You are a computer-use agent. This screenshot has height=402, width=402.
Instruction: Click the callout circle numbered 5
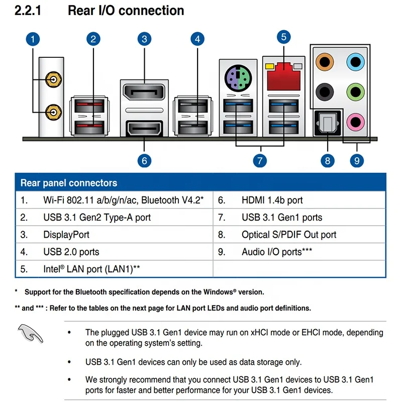[x=283, y=36]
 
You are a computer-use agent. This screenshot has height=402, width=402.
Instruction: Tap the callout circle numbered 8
[x=328, y=160]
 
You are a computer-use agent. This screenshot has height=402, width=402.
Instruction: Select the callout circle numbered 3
[x=144, y=39]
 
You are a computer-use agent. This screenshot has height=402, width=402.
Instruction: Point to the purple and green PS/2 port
[x=237, y=77]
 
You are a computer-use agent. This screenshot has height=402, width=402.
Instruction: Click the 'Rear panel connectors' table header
[x=69, y=183]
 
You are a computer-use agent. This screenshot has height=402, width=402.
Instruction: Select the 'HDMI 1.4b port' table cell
[x=272, y=200]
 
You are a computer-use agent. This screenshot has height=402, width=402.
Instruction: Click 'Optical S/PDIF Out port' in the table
[x=289, y=235]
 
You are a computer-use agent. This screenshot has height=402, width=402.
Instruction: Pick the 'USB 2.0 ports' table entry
[x=71, y=252]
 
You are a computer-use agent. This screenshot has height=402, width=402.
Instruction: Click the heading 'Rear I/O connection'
[x=126, y=10]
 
